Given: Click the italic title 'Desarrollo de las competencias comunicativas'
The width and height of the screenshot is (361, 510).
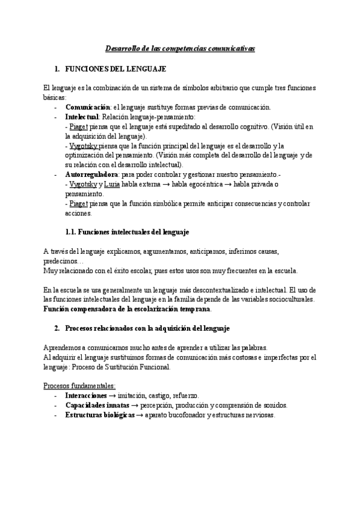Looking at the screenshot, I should [180, 48].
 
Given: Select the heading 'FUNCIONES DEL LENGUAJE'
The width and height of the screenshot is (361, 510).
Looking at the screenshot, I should [114, 70].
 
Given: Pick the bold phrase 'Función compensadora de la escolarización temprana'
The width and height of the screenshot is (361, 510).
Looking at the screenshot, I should [127, 309].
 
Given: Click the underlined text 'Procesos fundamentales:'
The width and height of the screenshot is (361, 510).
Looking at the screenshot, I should [79, 386].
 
